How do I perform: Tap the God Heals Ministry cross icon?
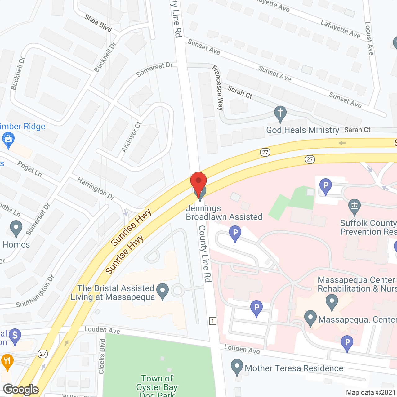(x=280, y=114)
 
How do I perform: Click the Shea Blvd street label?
(x=98, y=23)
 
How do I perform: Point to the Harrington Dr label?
(x=96, y=189)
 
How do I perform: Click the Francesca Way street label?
(x=218, y=88)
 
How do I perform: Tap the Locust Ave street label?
(x=369, y=38)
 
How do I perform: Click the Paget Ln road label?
(x=29, y=169)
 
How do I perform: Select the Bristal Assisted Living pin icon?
(x=163, y=291)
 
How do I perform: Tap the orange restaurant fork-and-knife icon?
(x=7, y=361)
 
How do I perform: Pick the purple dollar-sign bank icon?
(x=15, y=336)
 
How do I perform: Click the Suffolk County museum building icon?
(x=354, y=206)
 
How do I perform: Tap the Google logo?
(x=21, y=390)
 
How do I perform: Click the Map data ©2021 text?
(x=370, y=393)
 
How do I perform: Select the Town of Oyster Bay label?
(x=157, y=383)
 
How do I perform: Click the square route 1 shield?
(x=213, y=321)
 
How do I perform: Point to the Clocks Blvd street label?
(x=102, y=356)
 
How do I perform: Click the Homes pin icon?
(x=16, y=228)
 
